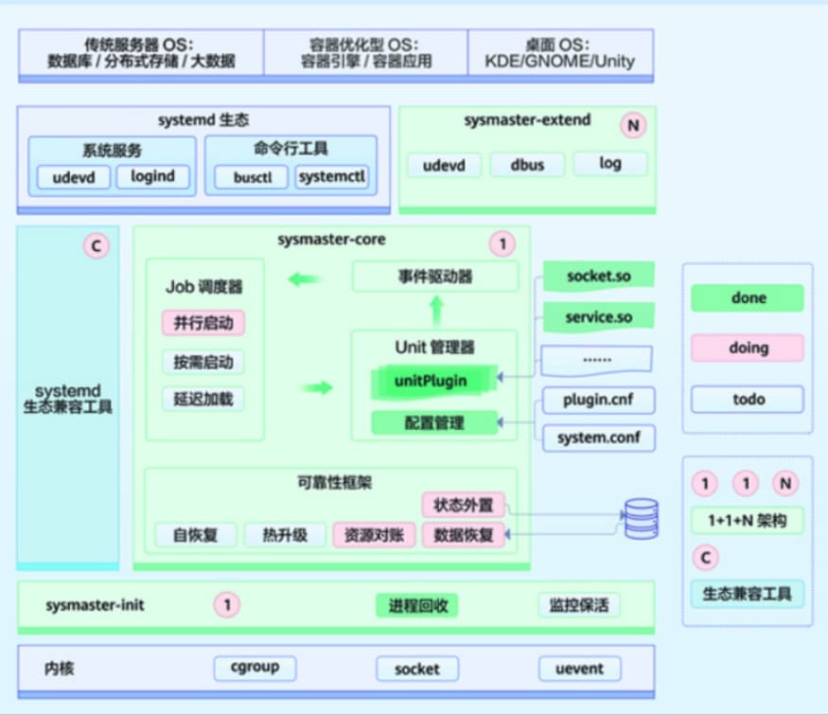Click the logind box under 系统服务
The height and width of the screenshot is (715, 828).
tap(152, 176)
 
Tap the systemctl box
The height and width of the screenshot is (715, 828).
tap(331, 177)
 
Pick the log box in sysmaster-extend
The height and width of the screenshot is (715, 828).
tap(610, 163)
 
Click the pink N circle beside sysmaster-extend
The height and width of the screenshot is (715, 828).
tap(632, 124)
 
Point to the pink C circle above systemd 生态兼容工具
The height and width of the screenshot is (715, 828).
tap(96, 246)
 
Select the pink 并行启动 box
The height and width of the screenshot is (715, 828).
tap(203, 323)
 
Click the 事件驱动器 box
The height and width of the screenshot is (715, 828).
tap(435, 277)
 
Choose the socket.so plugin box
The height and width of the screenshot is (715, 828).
tap(598, 277)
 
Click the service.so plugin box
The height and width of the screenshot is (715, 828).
tap(598, 317)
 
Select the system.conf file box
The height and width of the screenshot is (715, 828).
tap(598, 438)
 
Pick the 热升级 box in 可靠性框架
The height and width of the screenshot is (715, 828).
tap(285, 534)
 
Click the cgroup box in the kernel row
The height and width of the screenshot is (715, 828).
tap(255, 668)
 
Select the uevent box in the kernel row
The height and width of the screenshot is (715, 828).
tap(580, 669)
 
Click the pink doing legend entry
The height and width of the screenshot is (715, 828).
tap(748, 348)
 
